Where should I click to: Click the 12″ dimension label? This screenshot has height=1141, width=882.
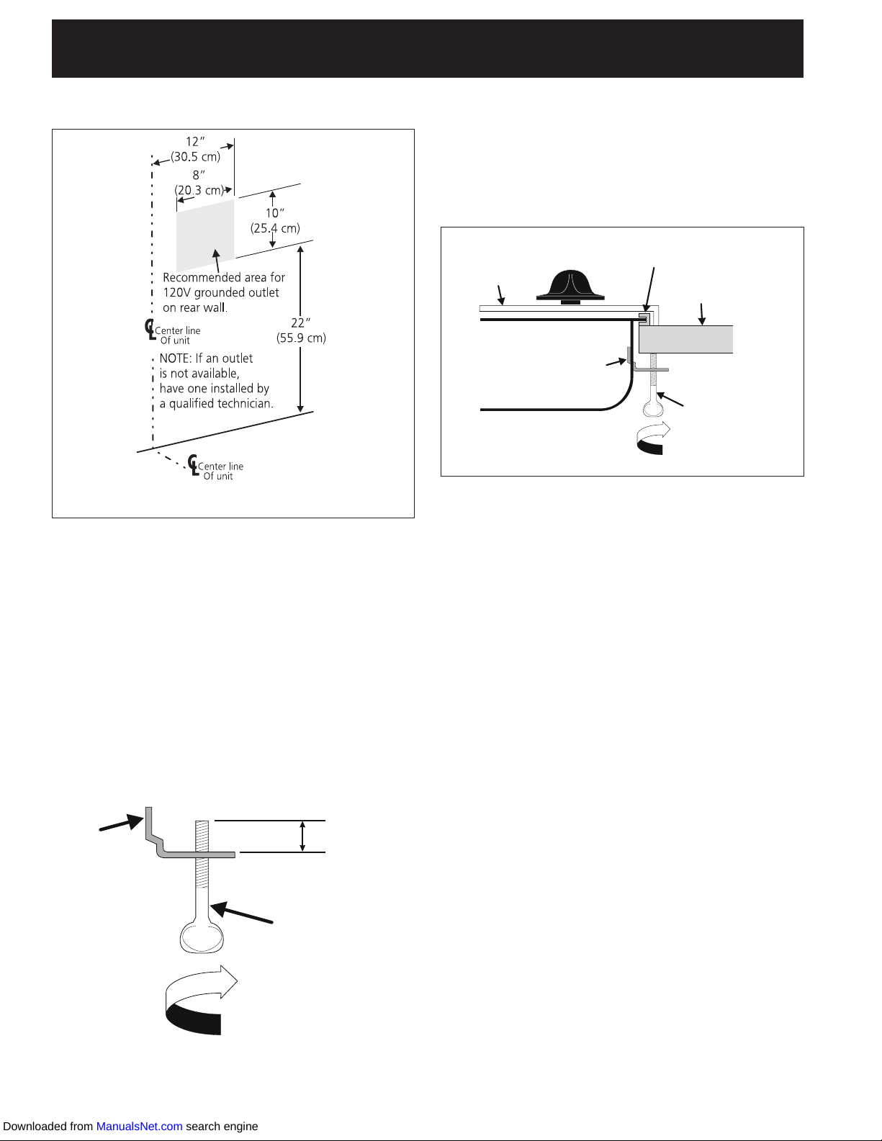(x=195, y=142)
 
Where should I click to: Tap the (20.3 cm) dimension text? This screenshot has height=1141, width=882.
(x=199, y=190)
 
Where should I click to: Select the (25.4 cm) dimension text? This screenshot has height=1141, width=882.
(x=275, y=228)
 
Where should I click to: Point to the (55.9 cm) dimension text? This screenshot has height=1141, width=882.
(x=301, y=338)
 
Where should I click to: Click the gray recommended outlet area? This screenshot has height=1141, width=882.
(x=205, y=234)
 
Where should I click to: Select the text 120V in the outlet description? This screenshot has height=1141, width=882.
(x=177, y=292)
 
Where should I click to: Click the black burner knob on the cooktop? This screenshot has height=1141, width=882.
(x=570, y=285)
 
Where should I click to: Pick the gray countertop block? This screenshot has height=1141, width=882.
(x=685, y=339)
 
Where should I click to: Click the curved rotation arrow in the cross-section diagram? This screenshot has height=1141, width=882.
(x=653, y=439)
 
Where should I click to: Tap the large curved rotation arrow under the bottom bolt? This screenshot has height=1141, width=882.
(x=199, y=1000)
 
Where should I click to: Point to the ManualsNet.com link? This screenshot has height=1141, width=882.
(x=139, y=1126)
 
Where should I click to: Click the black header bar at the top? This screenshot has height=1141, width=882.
(x=427, y=48)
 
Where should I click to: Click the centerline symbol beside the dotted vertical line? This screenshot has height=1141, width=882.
(x=150, y=330)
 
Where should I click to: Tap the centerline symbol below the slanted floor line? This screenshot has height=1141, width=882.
(x=192, y=465)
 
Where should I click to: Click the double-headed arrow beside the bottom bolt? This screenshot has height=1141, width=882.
(x=302, y=836)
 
